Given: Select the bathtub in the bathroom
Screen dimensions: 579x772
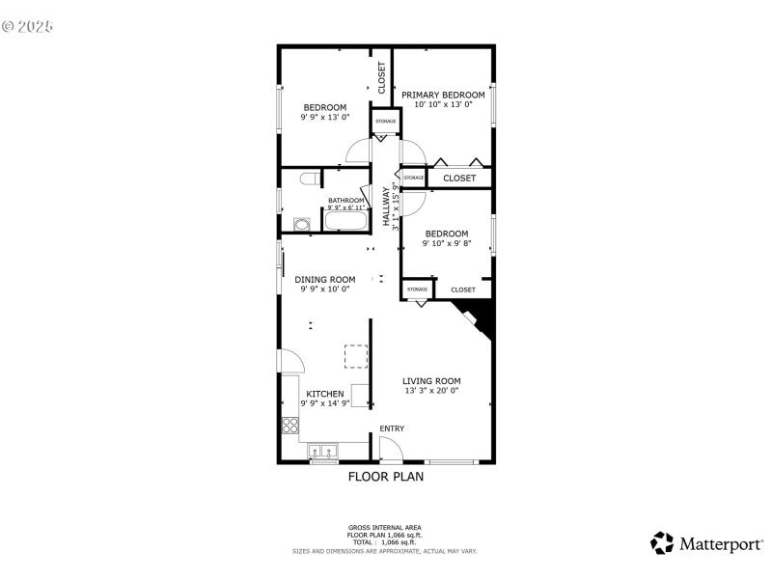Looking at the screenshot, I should click(345, 222).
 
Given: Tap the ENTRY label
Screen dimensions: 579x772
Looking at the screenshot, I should click(392, 428).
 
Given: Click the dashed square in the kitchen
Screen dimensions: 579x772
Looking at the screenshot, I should click(357, 357).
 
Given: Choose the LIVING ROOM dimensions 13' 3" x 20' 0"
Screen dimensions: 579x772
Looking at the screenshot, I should click(430, 391).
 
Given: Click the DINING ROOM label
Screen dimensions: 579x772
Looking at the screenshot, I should click(324, 279).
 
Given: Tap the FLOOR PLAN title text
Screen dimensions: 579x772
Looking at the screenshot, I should click(385, 476).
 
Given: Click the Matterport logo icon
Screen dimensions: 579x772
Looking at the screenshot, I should click(662, 543).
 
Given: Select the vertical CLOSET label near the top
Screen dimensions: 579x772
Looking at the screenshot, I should click(382, 77).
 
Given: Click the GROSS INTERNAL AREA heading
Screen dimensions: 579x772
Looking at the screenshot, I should click(385, 527).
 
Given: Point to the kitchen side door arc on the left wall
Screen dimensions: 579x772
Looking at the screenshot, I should click(291, 360).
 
